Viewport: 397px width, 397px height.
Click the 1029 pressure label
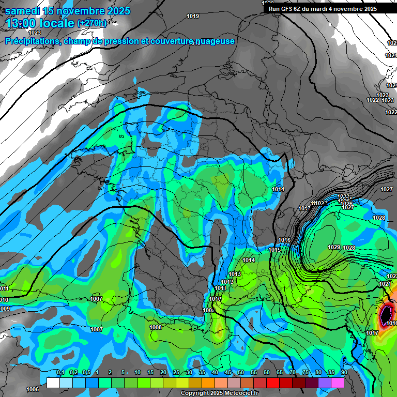pyautogui.click(x=334, y=248)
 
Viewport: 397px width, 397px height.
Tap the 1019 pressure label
pyautogui.click(x=193, y=17)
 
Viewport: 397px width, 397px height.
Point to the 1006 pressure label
pyautogui.click(x=33, y=389)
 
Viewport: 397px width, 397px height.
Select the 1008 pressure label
pyautogui.click(x=156, y=327)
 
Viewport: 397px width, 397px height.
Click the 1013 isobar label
pyautogui.click(x=235, y=274)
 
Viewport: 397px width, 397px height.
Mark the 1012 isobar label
pyautogui.click(x=227, y=282)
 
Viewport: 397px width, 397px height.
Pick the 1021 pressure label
pyautogui.click(x=385, y=284)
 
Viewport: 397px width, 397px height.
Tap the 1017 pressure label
pyautogui.click(x=372, y=333)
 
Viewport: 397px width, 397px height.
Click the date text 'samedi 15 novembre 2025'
pyautogui.click(x=68, y=11)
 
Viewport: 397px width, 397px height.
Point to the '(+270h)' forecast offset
pyautogui.click(x=92, y=23)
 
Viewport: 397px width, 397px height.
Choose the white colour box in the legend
pyautogui.click(x=53, y=383)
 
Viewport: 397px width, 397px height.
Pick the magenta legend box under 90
pyautogui.click(x=338, y=383)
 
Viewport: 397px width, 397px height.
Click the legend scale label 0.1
pyautogui.click(x=60, y=373)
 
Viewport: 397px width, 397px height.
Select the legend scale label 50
pyautogui.click(x=240, y=373)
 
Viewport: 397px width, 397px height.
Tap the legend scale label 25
pyautogui.click(x=176, y=373)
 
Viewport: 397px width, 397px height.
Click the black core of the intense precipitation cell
pyautogui.click(x=386, y=314)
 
